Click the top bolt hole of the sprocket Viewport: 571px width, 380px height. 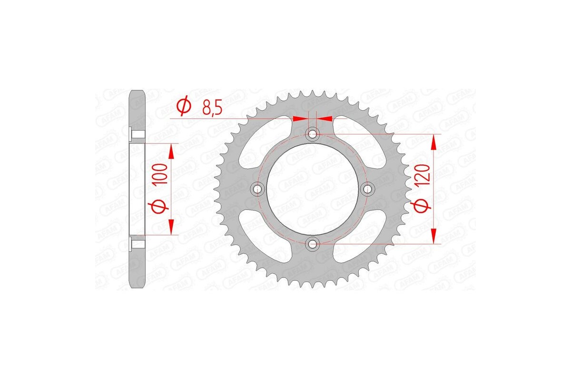point(313,134)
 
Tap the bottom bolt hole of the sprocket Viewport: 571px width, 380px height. point(313,244)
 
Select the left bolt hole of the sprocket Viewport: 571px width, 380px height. point(258,189)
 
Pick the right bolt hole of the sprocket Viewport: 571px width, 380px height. point(367,189)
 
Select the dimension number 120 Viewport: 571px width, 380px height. point(424,174)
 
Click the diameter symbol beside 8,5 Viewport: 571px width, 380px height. point(183,107)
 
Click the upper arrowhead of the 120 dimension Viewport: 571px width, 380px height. point(433,142)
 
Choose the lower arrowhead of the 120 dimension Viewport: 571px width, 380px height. point(433,237)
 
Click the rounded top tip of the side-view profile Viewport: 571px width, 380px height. point(138,92)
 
